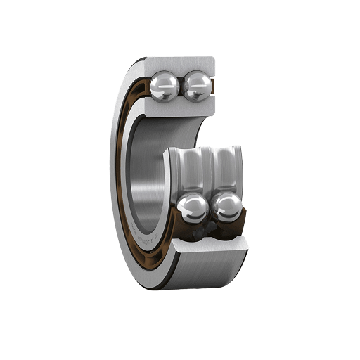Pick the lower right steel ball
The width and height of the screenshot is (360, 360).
(226, 207)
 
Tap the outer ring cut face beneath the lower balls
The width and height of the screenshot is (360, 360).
(211, 246)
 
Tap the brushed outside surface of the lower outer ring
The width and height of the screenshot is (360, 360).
(204, 271)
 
